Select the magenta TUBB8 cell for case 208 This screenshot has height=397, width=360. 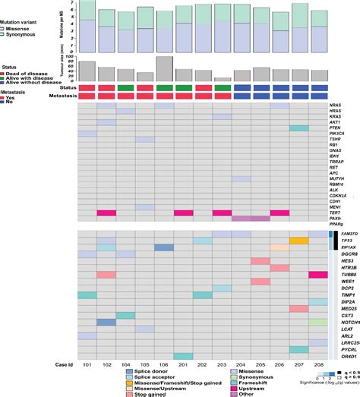(319, 275)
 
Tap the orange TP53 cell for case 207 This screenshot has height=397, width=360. (299, 240)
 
